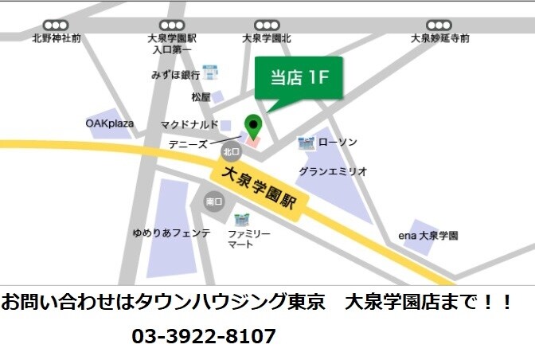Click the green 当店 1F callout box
click(299, 77)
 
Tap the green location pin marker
click(252, 127)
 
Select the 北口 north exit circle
click(231, 151)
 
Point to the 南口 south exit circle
click(213, 202)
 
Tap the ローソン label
click(338, 143)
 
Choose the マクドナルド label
click(189, 124)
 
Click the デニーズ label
click(188, 145)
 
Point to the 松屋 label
click(201, 97)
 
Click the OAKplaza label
click(110, 123)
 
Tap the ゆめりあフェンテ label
click(171, 233)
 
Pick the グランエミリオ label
click(333, 171)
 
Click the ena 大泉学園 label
click(428, 236)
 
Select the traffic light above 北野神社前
click(56, 25)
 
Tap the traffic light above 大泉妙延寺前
click(439, 25)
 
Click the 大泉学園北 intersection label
click(267, 38)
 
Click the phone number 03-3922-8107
click(204, 336)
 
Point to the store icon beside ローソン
click(306, 143)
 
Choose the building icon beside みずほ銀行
click(210, 73)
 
